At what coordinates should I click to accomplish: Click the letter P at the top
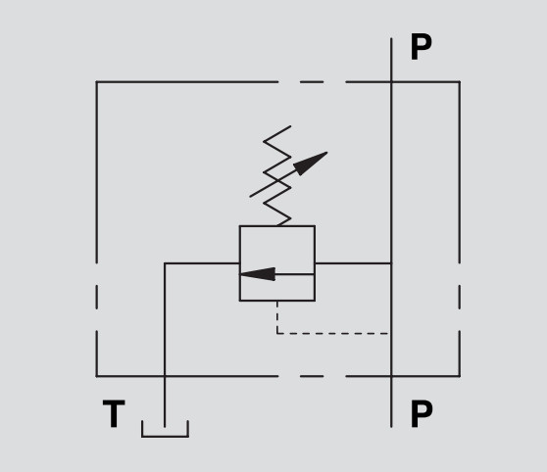[422, 47]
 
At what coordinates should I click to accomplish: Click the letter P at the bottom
[422, 413]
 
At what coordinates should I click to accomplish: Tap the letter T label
[114, 413]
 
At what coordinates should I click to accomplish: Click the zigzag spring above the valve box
[277, 176]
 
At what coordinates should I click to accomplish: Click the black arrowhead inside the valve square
[258, 274]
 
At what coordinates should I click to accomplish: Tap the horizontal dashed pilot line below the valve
[333, 334]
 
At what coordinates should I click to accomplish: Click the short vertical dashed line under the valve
[277, 317]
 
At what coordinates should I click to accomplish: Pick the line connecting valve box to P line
[353, 263]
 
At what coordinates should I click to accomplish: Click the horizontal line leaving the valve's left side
[202, 263]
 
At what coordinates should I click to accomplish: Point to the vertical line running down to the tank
[165, 345]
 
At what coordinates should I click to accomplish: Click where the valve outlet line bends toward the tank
[165, 263]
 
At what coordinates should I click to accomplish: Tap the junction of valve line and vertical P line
[391, 263]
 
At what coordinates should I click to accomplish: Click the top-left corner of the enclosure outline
[97, 82]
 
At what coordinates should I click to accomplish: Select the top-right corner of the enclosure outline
[460, 82]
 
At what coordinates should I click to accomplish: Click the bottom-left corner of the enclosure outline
[97, 376]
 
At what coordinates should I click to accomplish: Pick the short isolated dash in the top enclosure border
[312, 82]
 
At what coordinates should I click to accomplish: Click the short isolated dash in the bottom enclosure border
[312, 376]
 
